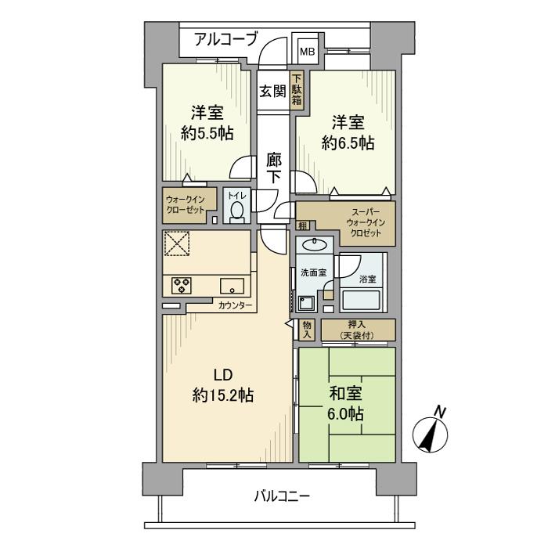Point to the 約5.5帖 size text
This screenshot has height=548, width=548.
click(207, 133)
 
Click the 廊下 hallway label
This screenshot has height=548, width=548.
click(273, 168)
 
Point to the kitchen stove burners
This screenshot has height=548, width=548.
click(182, 285)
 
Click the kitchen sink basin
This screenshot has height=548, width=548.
click(233, 285)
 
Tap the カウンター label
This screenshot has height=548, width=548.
click(235, 305)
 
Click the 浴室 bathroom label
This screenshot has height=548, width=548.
click(368, 278)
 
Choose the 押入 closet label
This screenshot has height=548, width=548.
click(357, 325)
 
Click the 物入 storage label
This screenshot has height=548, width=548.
click(307, 330)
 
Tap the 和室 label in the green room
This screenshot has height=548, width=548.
click(345, 395)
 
